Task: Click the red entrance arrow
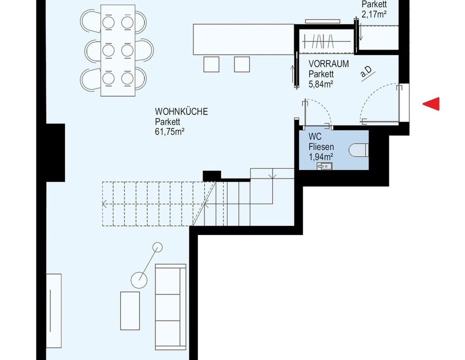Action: pyautogui.click(x=431, y=104)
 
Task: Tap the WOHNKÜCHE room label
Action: pyautogui.click(x=181, y=111)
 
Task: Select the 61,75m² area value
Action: pyautogui.click(x=169, y=131)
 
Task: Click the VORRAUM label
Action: pyautogui.click(x=328, y=64)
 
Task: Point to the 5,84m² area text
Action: pyautogui.click(x=320, y=84)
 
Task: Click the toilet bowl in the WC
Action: pyautogui.click(x=358, y=150)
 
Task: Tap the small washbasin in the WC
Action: pyautogui.click(x=324, y=166)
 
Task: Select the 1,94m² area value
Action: pyautogui.click(x=320, y=156)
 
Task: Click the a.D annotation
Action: pyautogui.click(x=366, y=71)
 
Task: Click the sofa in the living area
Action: pyautogui.click(x=170, y=306)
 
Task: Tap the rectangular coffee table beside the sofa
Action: pyautogui.click(x=130, y=310)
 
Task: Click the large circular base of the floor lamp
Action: pyautogui.click(x=139, y=280)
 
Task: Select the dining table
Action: pyautogui.click(x=118, y=50)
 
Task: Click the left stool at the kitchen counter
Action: pyautogui.click(x=211, y=64)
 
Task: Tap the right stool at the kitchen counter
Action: pyautogui.click(x=241, y=64)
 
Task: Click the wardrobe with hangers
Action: pyautogui.click(x=326, y=41)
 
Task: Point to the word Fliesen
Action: pyautogui.click(x=321, y=147)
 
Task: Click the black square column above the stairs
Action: pyautogui.click(x=211, y=176)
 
